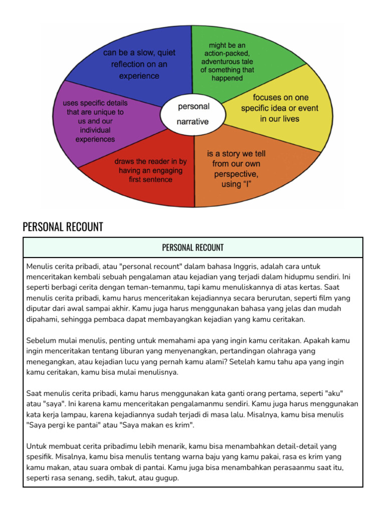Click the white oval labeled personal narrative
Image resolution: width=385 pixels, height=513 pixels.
click(193, 114)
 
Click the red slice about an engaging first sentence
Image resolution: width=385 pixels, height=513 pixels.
click(150, 170)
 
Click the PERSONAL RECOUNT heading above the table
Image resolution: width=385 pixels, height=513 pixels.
click(63, 227)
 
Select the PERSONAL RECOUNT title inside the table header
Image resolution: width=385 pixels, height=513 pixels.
click(193, 247)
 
